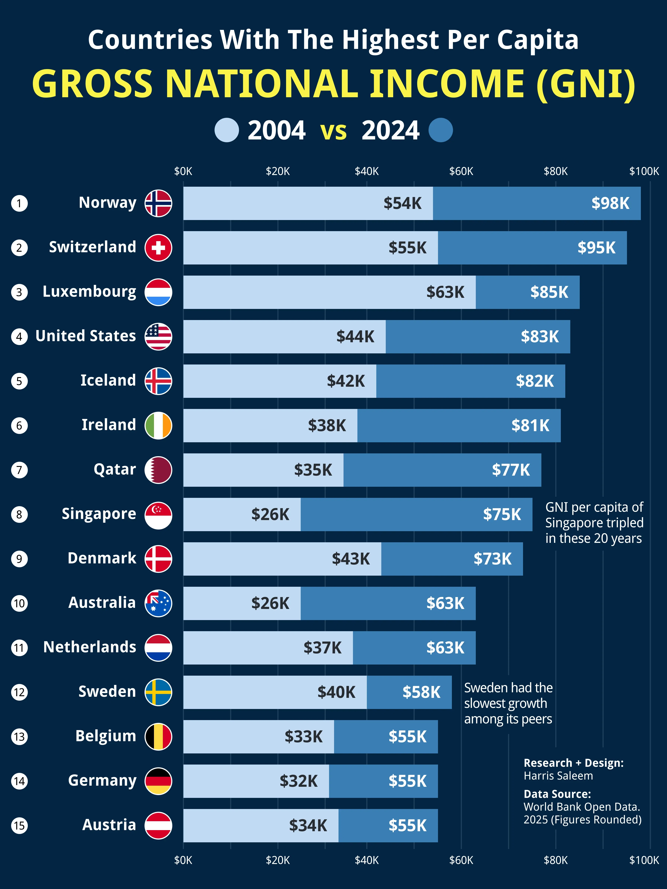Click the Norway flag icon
tap(158, 203)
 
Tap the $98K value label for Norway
tap(610, 203)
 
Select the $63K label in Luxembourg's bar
tap(445, 292)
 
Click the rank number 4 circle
tap(19, 337)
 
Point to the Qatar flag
tap(158, 470)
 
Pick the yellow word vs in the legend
tap(333, 131)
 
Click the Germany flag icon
tap(158, 781)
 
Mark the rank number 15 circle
tap(19, 826)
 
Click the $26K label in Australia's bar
tap(270, 603)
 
